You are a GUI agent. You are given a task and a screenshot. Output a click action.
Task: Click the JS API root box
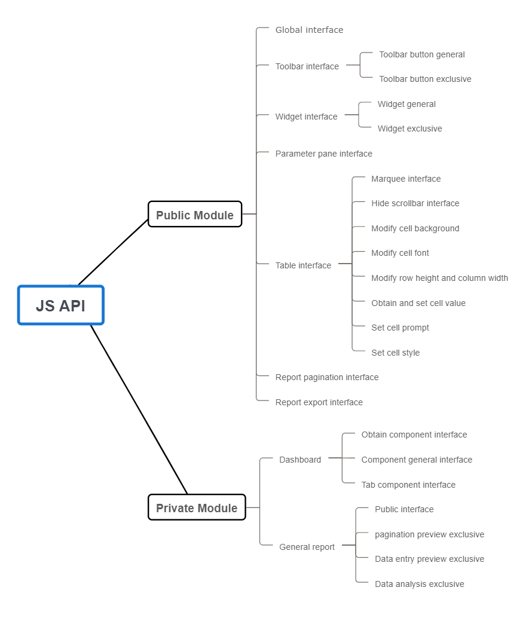tap(60, 305)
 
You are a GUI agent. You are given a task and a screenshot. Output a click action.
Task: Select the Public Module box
tap(195, 215)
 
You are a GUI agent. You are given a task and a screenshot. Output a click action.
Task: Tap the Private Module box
tap(197, 508)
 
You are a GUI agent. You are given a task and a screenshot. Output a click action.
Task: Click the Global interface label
tap(309, 30)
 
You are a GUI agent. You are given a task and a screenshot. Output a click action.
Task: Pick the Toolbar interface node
tap(307, 66)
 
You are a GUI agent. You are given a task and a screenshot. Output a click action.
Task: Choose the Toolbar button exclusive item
tap(425, 79)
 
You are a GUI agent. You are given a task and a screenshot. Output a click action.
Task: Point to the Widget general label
tap(406, 104)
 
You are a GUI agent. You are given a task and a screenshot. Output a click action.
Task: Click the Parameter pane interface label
tap(323, 154)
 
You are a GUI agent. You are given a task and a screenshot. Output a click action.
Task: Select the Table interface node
tap(303, 265)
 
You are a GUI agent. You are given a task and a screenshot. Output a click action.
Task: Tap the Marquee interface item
tap(406, 179)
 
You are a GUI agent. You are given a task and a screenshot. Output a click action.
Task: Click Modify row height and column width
tap(439, 278)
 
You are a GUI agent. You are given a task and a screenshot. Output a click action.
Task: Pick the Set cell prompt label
tap(400, 328)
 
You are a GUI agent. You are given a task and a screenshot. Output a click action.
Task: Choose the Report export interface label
tap(319, 402)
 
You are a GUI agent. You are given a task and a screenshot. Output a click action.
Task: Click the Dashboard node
tap(300, 460)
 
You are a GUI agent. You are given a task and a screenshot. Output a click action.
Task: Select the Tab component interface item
tap(408, 485)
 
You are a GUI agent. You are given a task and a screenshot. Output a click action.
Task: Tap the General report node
tap(307, 547)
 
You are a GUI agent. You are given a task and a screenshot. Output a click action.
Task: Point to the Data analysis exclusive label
tap(419, 584)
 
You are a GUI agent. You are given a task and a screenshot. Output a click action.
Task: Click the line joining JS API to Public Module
tap(113, 252)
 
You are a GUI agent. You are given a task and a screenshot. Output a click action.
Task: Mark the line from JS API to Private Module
tap(139, 410)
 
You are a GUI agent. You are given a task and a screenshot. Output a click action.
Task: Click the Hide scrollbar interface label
tap(415, 203)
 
